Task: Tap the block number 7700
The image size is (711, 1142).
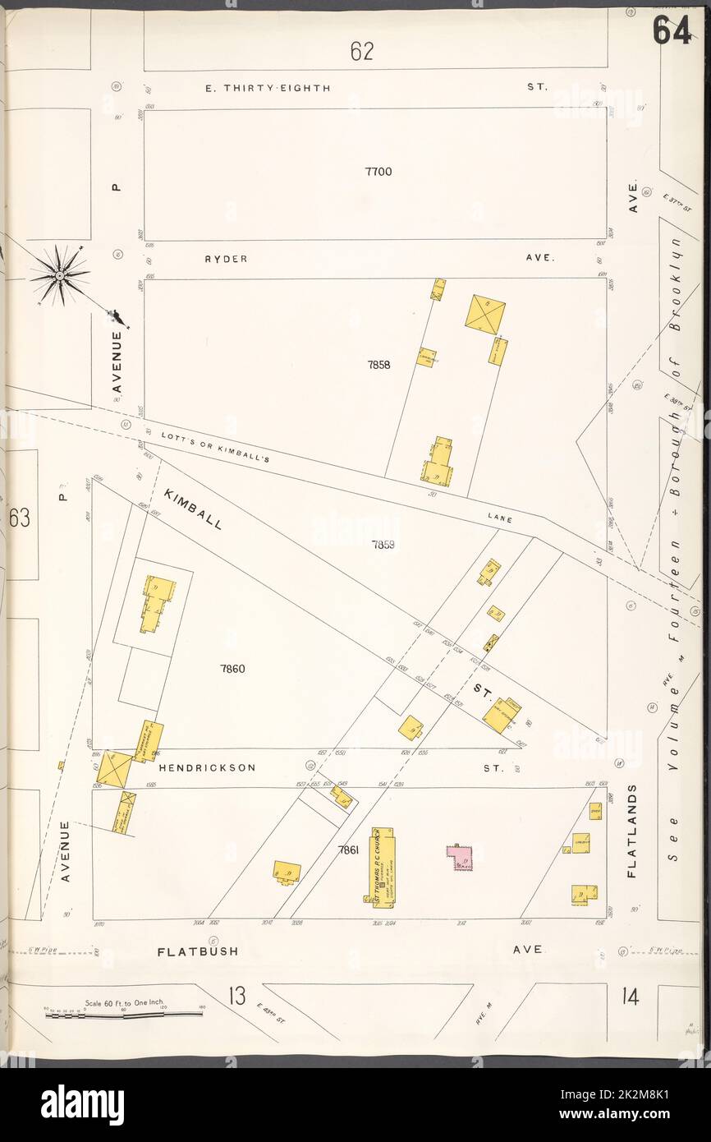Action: coord(378,172)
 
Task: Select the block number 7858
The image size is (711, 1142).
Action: coord(378,365)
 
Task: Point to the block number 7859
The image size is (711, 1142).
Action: coord(383,544)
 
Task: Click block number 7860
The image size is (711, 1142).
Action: coord(232,669)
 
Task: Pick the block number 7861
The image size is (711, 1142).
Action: coord(349,850)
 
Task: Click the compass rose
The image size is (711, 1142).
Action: coord(61,275)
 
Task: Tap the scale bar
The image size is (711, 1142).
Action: coord(123,1014)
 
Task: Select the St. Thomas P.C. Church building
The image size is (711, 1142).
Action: coord(383,866)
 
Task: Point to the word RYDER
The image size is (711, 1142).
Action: coord(226,259)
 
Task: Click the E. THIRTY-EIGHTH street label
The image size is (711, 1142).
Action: coord(268,87)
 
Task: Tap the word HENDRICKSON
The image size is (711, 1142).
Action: coord(207,768)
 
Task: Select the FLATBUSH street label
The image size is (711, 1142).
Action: coord(198,951)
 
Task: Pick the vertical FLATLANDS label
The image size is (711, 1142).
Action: coord(632,831)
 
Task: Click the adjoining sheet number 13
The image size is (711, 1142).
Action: coord(237,997)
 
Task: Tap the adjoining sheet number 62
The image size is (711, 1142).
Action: coord(362,51)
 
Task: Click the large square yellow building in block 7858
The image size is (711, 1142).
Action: coord(485,314)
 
